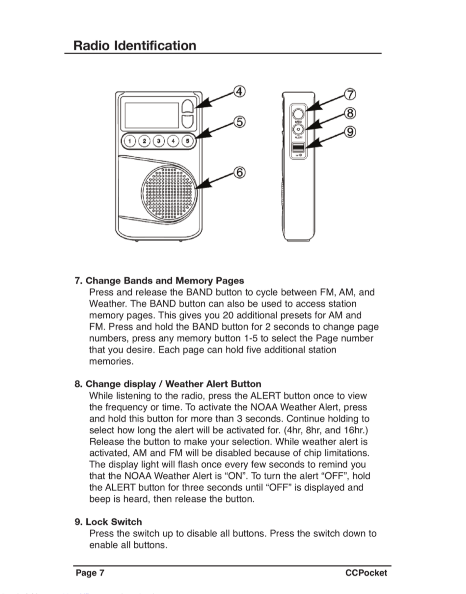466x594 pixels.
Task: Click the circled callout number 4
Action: pos(239,92)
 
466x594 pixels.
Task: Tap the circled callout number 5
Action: pos(239,122)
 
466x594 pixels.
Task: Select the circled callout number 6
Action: pos(239,173)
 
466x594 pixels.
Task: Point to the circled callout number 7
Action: pos(350,94)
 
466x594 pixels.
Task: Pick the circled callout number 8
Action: pos(350,113)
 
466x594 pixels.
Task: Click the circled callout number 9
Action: pos(350,132)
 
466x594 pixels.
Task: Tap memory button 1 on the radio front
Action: pos(130,141)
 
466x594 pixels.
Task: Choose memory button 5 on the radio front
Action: pos(187,141)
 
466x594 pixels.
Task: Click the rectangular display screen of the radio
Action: pos(152,115)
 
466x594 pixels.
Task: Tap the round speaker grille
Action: pos(169,193)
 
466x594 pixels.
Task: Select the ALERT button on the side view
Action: pos(298,129)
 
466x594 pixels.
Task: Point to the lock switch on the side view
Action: pos(298,148)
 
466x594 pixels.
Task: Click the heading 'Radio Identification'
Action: pos(135,46)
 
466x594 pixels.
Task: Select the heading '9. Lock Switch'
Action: pos(108,522)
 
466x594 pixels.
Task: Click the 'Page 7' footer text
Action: pos(90,573)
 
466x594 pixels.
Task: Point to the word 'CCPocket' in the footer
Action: pos(366,573)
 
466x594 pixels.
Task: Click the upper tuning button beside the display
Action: pos(188,106)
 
